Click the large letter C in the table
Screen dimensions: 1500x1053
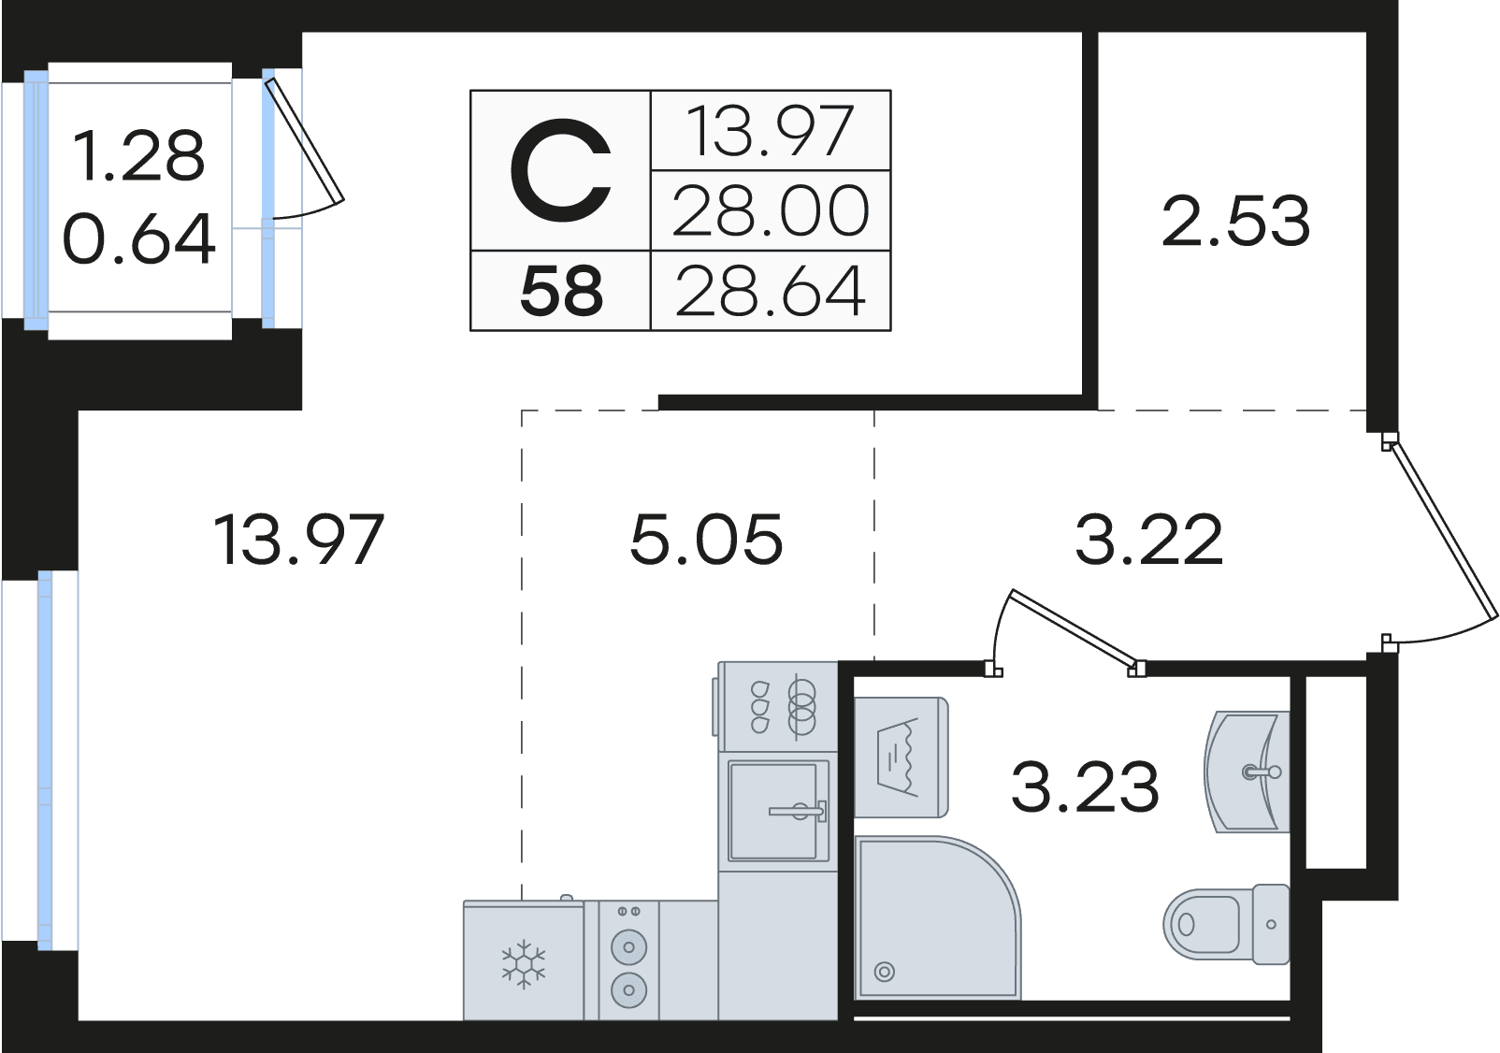tap(561, 170)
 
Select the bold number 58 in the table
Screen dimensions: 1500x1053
tap(561, 292)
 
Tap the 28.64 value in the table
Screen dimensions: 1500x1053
tap(770, 292)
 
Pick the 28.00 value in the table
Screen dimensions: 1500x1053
tap(770, 211)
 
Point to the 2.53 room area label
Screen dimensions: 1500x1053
tap(1235, 221)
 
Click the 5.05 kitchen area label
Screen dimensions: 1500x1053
tap(706, 540)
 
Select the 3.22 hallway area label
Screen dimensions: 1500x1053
tap(1149, 540)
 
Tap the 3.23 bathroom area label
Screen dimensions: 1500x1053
tap(1085, 786)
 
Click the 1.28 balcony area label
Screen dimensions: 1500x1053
tap(138, 156)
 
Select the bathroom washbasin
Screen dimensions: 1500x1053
tap(1247, 772)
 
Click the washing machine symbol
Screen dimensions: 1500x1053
tap(901, 757)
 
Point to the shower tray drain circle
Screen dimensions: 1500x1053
tap(885, 972)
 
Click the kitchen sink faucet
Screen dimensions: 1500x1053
tap(799, 811)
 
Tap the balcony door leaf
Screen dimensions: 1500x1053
tap(305, 140)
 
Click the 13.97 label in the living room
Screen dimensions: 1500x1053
tap(298, 540)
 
